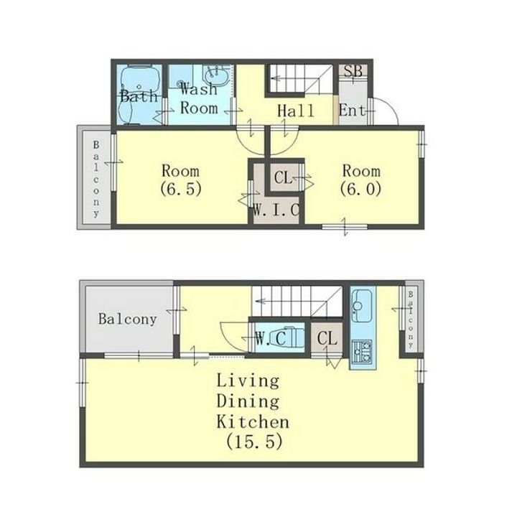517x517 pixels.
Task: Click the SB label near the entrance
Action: pyautogui.click(x=353, y=71)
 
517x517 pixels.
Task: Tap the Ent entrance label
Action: pyautogui.click(x=352, y=111)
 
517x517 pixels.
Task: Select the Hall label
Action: pyautogui.click(x=295, y=111)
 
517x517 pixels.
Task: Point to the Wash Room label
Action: pyautogui.click(x=199, y=98)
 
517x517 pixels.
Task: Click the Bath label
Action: pyautogui.click(x=139, y=96)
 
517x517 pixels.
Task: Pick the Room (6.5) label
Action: pyautogui.click(x=181, y=180)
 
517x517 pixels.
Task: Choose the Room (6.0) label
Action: pyautogui.click(x=361, y=180)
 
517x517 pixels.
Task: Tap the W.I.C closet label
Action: pyautogui.click(x=276, y=210)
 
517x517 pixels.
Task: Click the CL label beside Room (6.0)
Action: pyautogui.click(x=283, y=178)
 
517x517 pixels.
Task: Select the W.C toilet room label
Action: pyautogui.click(x=271, y=338)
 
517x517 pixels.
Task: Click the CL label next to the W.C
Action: pyautogui.click(x=327, y=338)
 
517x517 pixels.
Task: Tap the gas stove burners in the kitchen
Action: pyautogui.click(x=363, y=352)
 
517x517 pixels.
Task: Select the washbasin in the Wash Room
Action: pyautogui.click(x=217, y=77)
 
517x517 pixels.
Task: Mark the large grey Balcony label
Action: pyautogui.click(x=127, y=319)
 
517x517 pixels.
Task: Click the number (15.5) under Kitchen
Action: pyautogui.click(x=254, y=441)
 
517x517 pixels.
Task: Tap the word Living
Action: pyautogui.click(x=248, y=381)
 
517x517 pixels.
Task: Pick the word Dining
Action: pyautogui.click(x=248, y=401)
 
